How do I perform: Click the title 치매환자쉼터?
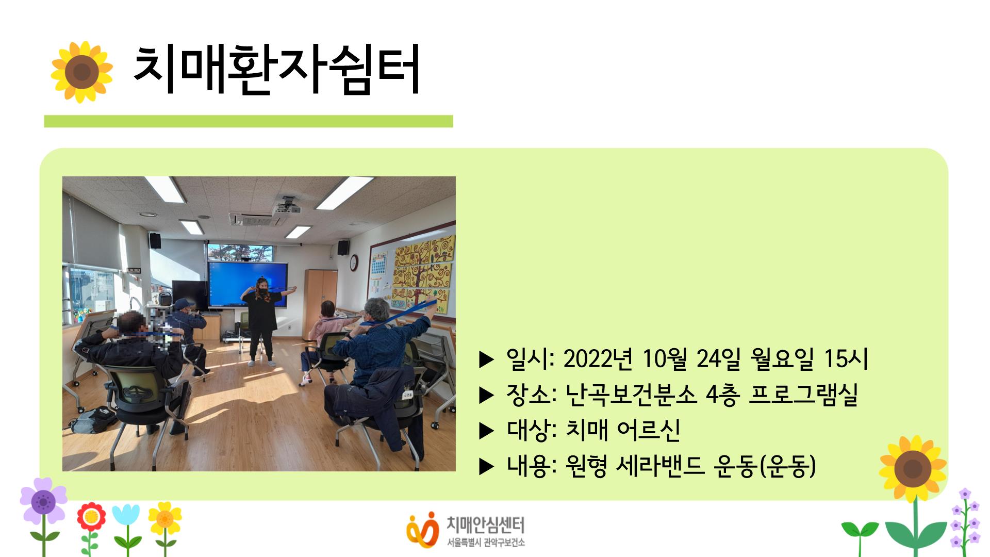(x=277, y=71)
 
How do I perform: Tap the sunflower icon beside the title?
(x=81, y=72)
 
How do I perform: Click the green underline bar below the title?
(x=249, y=121)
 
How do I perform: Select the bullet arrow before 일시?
(x=486, y=360)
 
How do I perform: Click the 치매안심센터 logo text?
(x=485, y=526)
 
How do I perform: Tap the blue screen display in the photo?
(x=247, y=285)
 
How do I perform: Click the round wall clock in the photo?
(x=353, y=263)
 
